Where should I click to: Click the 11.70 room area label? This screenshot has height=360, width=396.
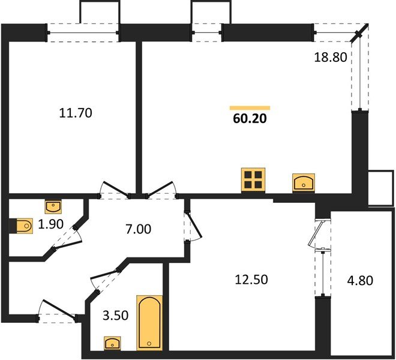point(76,112)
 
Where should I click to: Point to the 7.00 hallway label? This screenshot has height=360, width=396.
point(138,229)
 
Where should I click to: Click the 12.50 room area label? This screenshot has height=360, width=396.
point(252,279)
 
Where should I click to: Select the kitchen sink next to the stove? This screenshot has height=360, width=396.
point(304,182)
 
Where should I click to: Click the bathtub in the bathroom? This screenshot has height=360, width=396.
point(148,322)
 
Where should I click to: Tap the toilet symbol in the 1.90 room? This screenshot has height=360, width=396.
point(23,226)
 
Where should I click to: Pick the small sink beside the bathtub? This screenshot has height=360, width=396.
point(112,343)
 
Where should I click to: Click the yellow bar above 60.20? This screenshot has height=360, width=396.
point(250,108)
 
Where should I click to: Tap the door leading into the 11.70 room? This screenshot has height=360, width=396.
point(114,189)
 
